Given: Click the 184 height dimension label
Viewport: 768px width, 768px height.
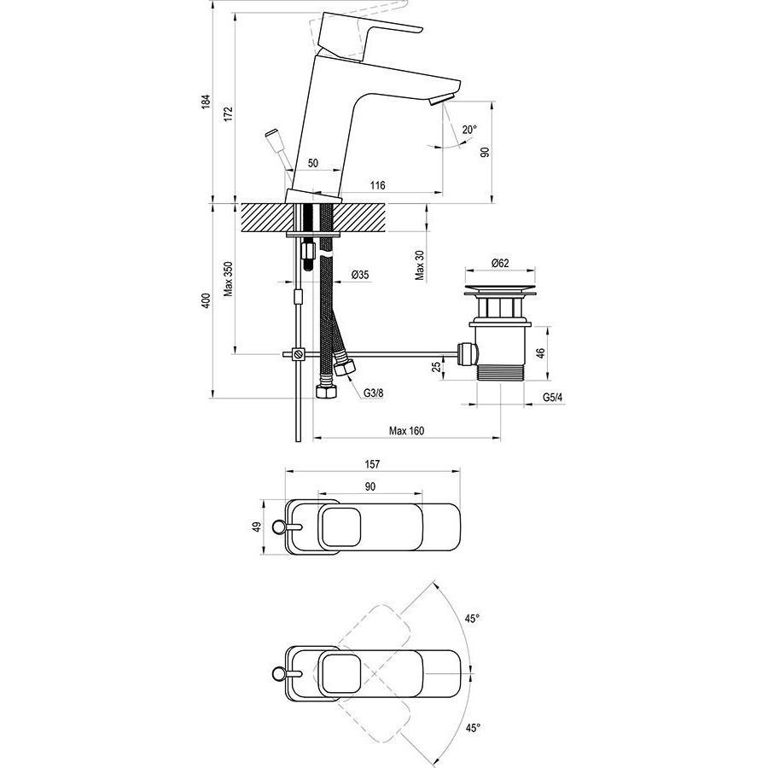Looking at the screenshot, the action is coord(207,101).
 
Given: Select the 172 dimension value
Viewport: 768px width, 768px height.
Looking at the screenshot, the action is coord(229,113).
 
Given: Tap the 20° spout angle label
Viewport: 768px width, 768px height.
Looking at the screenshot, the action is coord(468,130).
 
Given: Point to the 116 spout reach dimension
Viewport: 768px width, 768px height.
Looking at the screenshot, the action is coord(378,185).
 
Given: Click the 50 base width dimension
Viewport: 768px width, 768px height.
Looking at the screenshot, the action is coord(313,163).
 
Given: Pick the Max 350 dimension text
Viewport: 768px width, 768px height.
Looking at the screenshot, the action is coord(229,279).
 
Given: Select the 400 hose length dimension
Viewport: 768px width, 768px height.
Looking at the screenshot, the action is coord(207,300).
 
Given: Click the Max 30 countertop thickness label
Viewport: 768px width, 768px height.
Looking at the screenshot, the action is coord(420,265).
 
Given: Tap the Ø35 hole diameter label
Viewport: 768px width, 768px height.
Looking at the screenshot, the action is coord(360,275).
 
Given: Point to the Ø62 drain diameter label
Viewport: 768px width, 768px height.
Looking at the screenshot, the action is coord(500,263).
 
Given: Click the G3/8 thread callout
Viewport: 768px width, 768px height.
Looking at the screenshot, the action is coord(374,393).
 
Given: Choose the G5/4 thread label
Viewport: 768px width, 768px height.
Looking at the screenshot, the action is coord(553,397).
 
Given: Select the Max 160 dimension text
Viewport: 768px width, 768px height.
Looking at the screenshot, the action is coord(406,431).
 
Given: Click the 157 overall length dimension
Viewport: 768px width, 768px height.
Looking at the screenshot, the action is coord(372,464).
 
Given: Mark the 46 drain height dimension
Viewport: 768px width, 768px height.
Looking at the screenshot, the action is coord(540,352).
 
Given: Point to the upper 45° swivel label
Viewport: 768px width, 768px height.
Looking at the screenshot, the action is coord(472,619).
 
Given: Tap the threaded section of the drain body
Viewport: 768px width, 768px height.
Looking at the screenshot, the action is coord(500,373).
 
